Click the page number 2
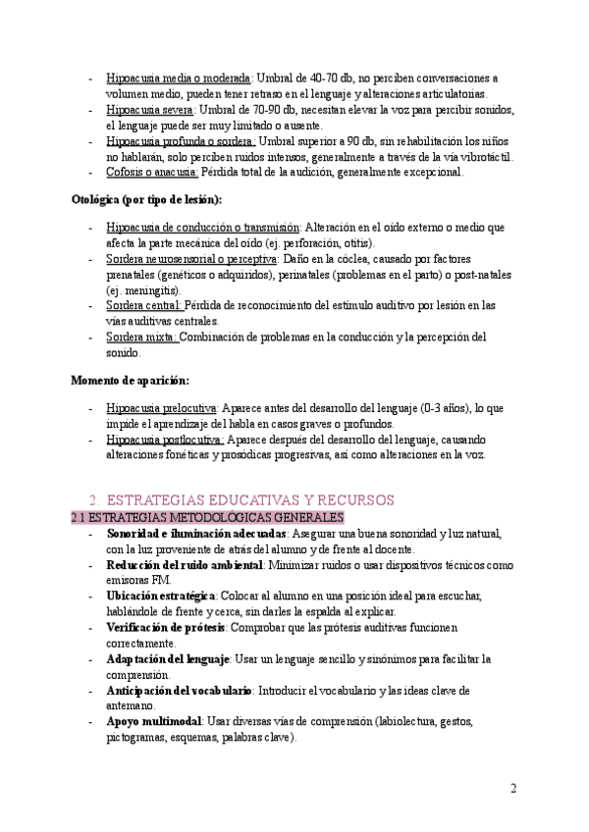513,789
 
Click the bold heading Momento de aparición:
131,379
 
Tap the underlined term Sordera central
144,305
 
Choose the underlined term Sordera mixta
142,337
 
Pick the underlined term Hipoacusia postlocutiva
165,440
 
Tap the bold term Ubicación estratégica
161,596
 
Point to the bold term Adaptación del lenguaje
167,658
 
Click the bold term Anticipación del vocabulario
179,691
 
